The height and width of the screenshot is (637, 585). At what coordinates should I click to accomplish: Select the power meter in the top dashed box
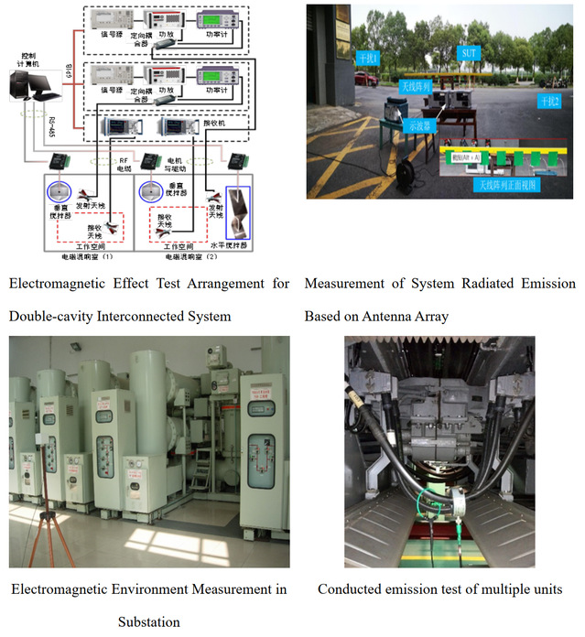[x=220, y=20]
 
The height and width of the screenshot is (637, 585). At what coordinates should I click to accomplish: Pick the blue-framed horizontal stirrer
[x=241, y=211]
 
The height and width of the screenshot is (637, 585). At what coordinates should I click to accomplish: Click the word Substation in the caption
[x=148, y=621]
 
